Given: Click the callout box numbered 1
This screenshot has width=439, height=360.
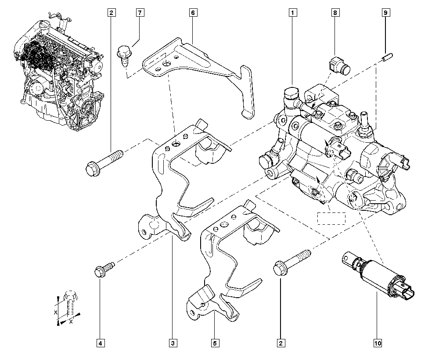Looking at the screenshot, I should point(291,13).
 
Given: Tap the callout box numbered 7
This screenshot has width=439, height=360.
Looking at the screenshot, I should point(139,13).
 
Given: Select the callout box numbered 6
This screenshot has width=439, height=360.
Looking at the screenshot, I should point(192,13).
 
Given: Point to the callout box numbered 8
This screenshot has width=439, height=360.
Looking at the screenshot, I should point(335,13).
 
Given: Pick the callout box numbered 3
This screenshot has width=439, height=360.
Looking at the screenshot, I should point(173,342).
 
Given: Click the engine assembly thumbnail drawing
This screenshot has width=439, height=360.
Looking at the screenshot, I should point(59,72).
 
